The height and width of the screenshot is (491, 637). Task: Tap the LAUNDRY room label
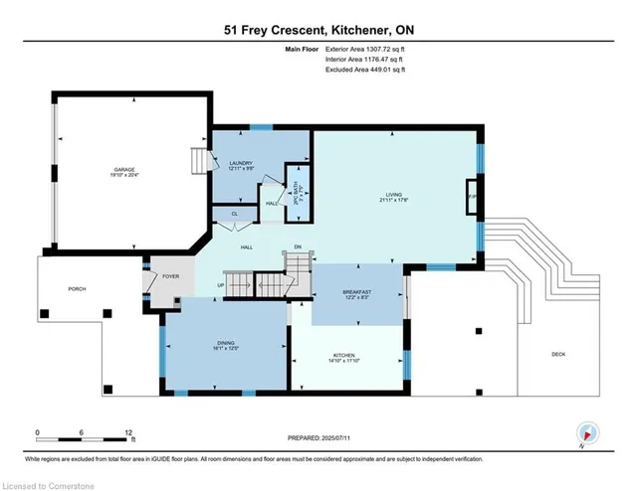tap(240, 163)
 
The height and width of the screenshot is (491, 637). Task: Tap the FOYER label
tap(171, 275)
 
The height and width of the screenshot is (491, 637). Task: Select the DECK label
tap(557, 355)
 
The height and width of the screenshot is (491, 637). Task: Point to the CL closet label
tap(235, 214)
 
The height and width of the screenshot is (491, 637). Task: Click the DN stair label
tap(297, 247)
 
